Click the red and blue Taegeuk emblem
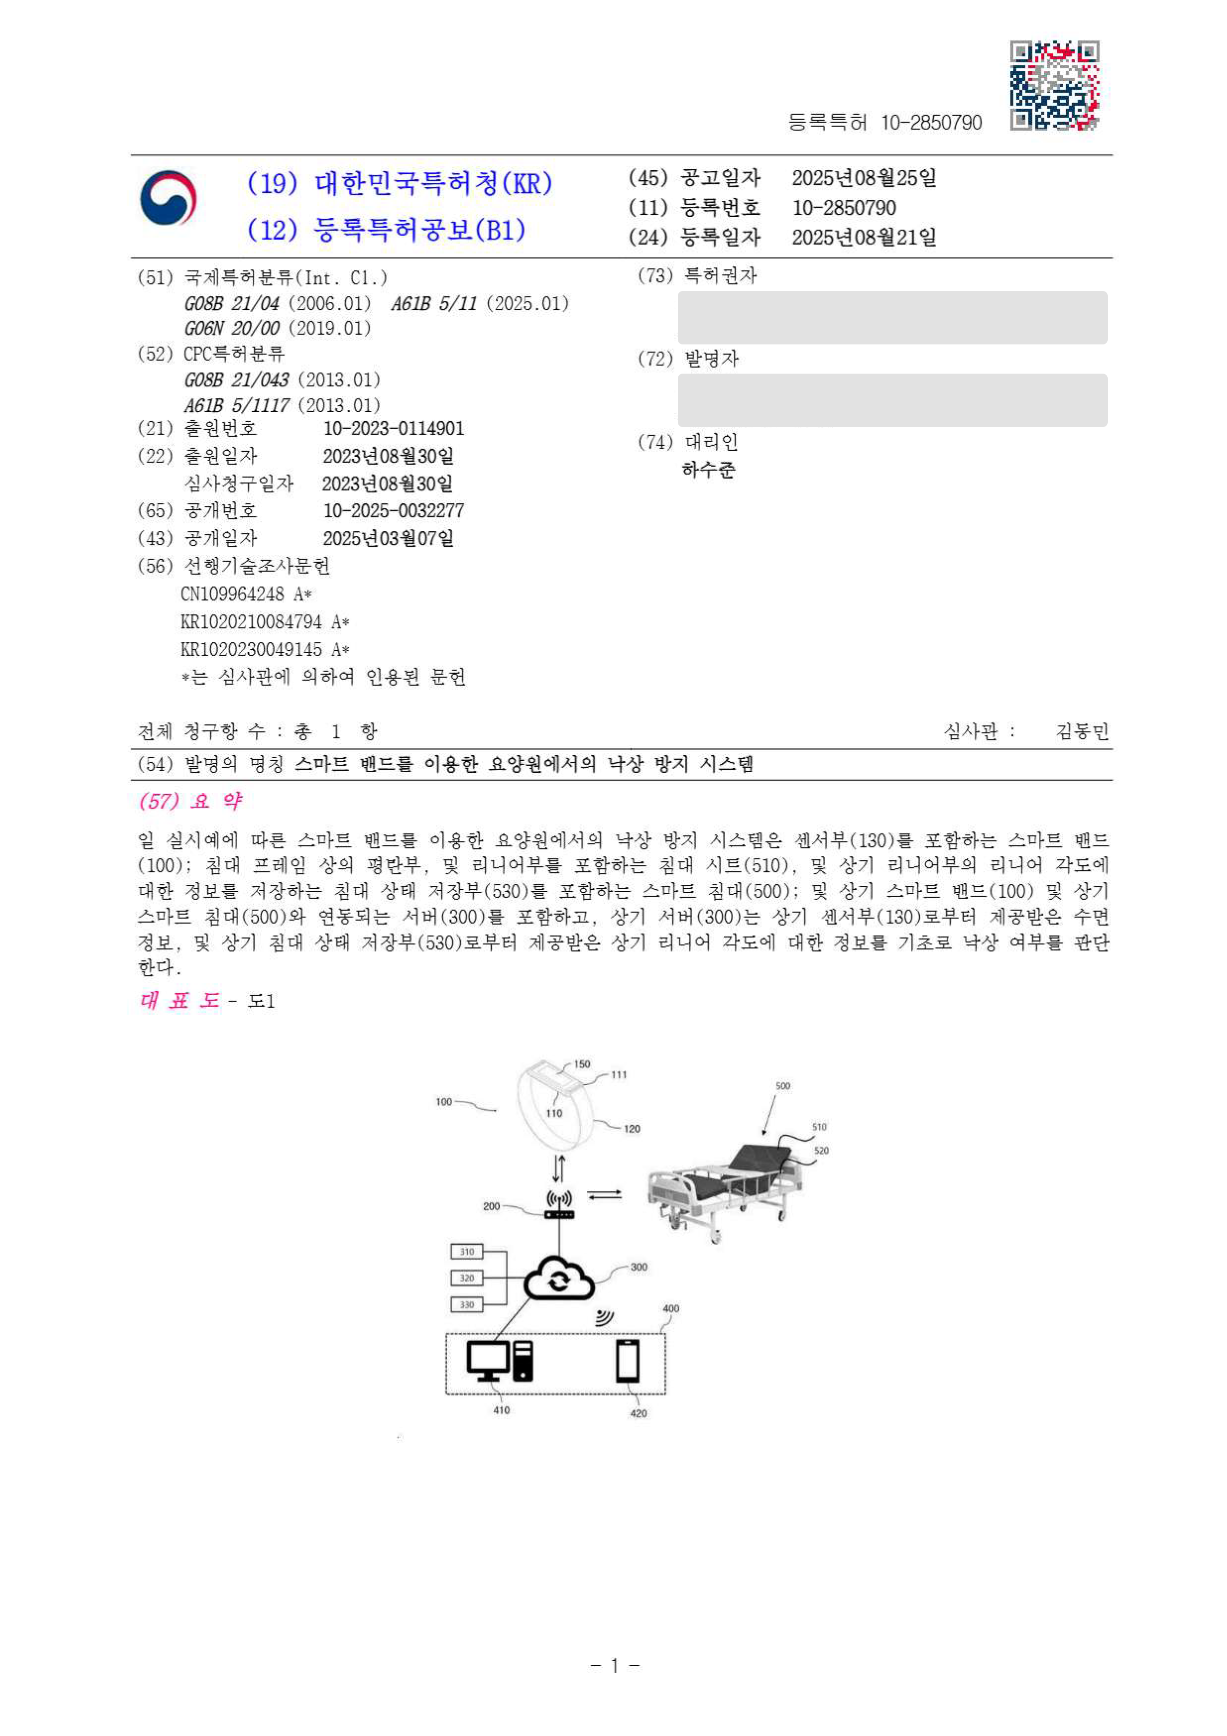[x=168, y=198]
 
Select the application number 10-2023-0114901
[x=393, y=429]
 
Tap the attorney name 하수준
[x=708, y=470]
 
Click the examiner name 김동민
[x=1082, y=731]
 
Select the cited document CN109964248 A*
[x=246, y=594]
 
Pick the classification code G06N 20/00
[x=232, y=328]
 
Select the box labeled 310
[x=467, y=1252]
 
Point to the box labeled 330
[x=467, y=1304]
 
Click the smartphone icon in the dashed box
[x=627, y=1361]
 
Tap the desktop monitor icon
[x=488, y=1361]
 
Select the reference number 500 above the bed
[x=783, y=1086]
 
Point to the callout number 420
[x=638, y=1413]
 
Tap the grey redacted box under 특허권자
[x=892, y=318]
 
